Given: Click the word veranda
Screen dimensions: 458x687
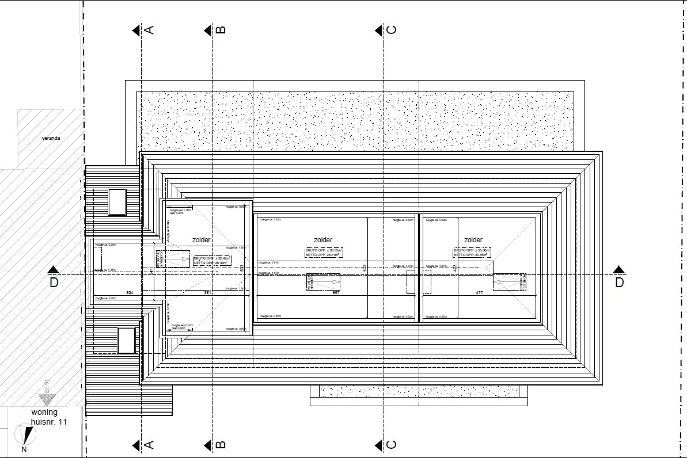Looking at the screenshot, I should (x=51, y=138).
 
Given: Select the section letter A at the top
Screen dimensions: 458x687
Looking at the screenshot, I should (x=149, y=30).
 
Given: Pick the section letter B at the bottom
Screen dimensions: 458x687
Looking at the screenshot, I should (x=221, y=445).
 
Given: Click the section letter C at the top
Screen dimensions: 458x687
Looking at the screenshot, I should (x=392, y=30).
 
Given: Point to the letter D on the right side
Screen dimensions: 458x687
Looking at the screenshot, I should (x=619, y=282).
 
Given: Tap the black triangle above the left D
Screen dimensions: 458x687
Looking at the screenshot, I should (x=54, y=269).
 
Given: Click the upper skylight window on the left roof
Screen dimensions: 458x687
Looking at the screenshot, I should (x=117, y=202).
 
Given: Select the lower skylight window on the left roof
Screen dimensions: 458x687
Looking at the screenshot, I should (x=126, y=340).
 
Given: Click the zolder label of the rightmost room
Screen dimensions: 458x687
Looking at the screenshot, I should (x=473, y=240).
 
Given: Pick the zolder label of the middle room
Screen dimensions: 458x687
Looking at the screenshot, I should (x=323, y=240).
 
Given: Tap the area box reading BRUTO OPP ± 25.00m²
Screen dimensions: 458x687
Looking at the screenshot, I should (x=472, y=253).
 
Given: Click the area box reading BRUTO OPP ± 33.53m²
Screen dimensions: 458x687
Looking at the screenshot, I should (x=324, y=253).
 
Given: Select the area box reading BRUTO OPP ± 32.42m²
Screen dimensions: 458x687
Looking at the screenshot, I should (x=212, y=261).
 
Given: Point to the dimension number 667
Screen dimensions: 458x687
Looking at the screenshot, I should (x=337, y=293).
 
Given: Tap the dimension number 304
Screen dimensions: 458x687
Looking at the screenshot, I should (x=130, y=293).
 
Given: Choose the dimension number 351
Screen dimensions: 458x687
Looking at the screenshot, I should (x=208, y=293).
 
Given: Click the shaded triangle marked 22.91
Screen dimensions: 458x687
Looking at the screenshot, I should (x=45, y=398).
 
